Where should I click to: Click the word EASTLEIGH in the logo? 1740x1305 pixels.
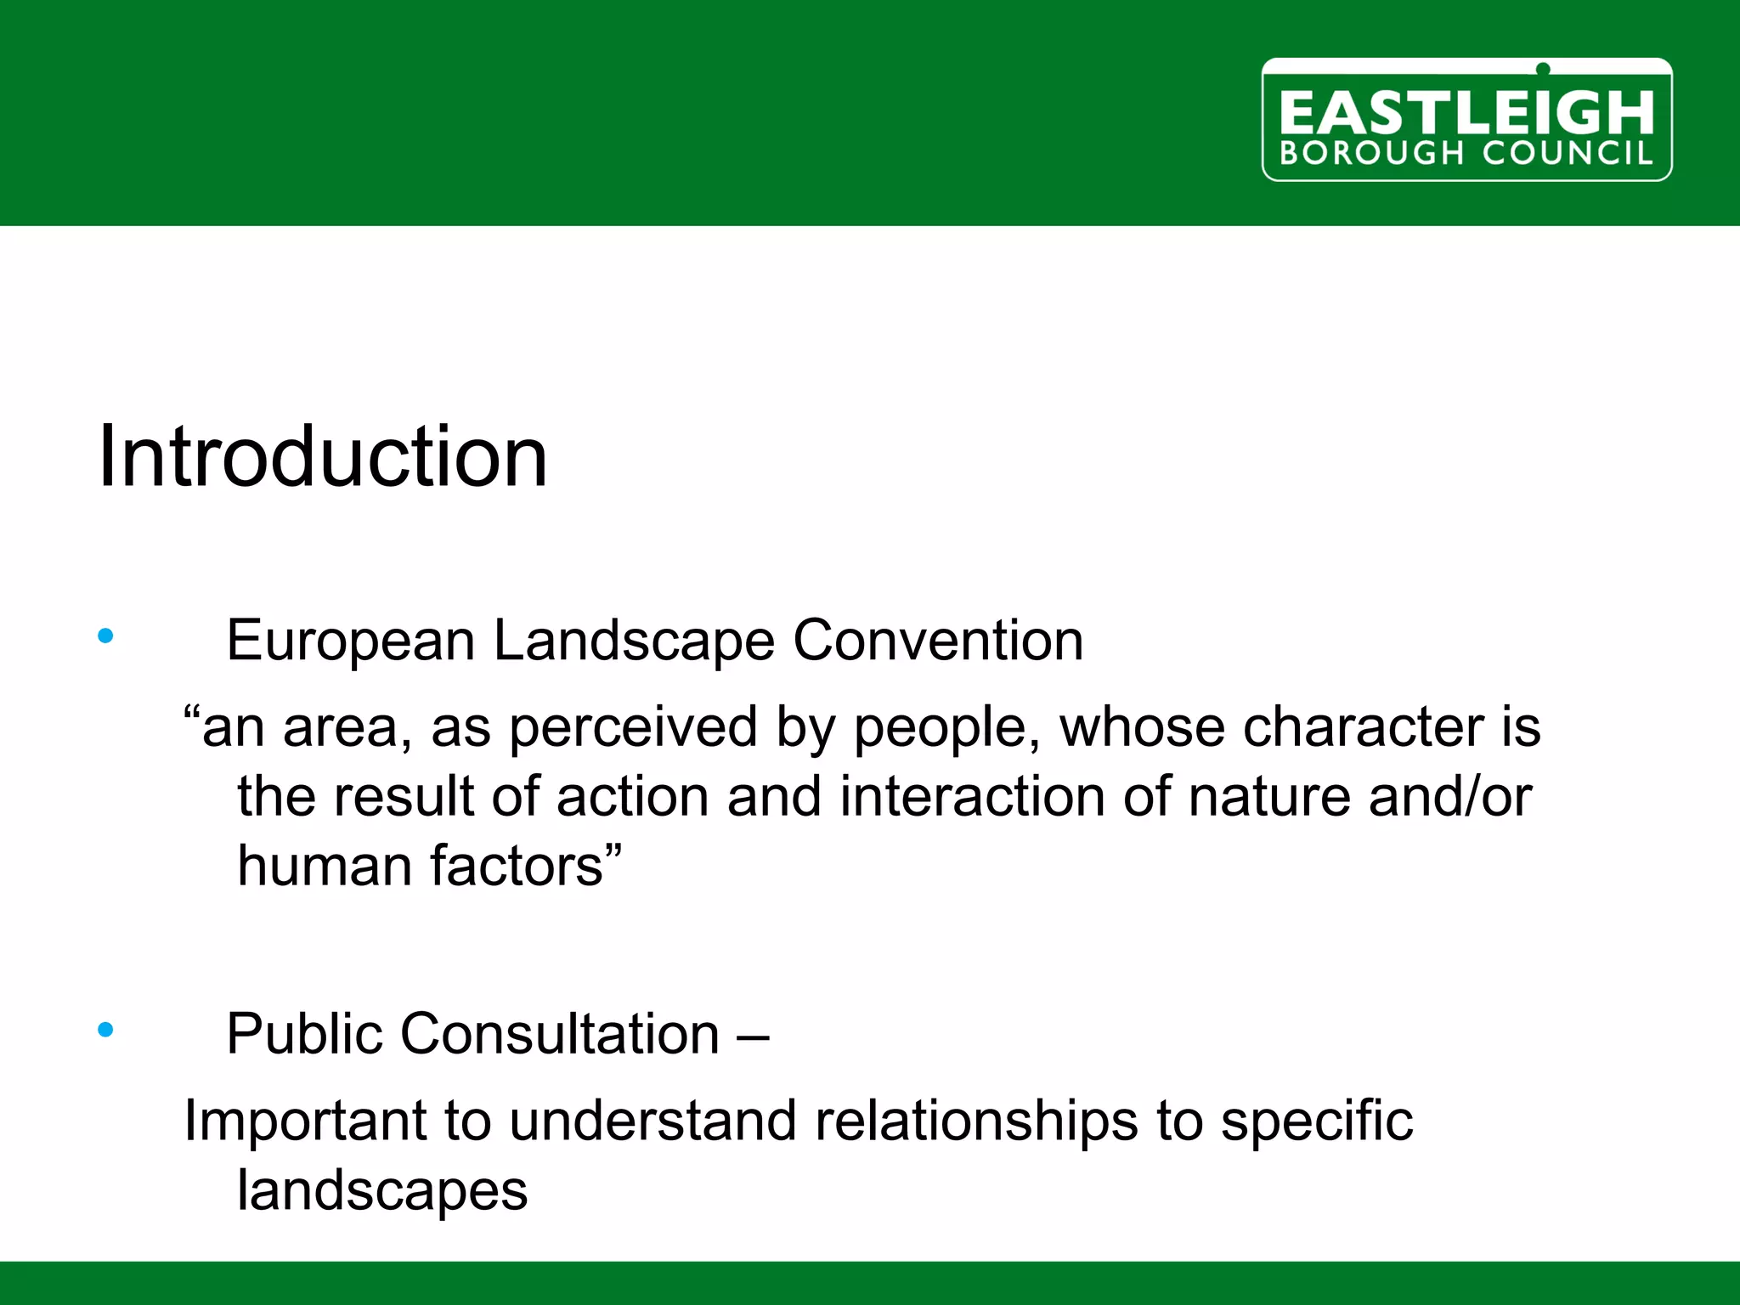(1466, 113)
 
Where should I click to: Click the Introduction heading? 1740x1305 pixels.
(323, 457)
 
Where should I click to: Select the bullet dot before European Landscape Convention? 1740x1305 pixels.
(105, 636)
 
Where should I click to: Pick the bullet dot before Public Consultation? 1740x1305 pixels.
(105, 1030)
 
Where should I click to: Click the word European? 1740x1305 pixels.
(350, 641)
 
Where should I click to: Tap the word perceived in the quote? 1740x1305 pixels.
(633, 728)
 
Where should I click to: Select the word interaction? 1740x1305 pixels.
(972, 797)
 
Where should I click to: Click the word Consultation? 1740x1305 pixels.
(560, 1034)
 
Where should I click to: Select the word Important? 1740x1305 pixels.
(305, 1121)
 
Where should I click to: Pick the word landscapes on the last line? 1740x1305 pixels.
(382, 1190)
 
